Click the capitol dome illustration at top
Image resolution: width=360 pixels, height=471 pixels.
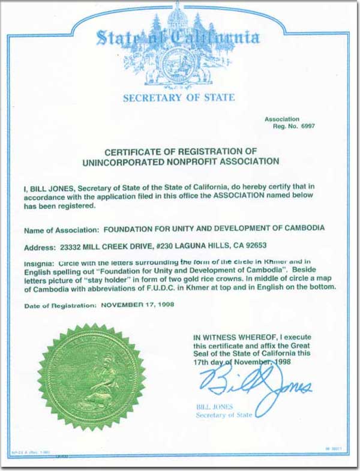178,16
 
